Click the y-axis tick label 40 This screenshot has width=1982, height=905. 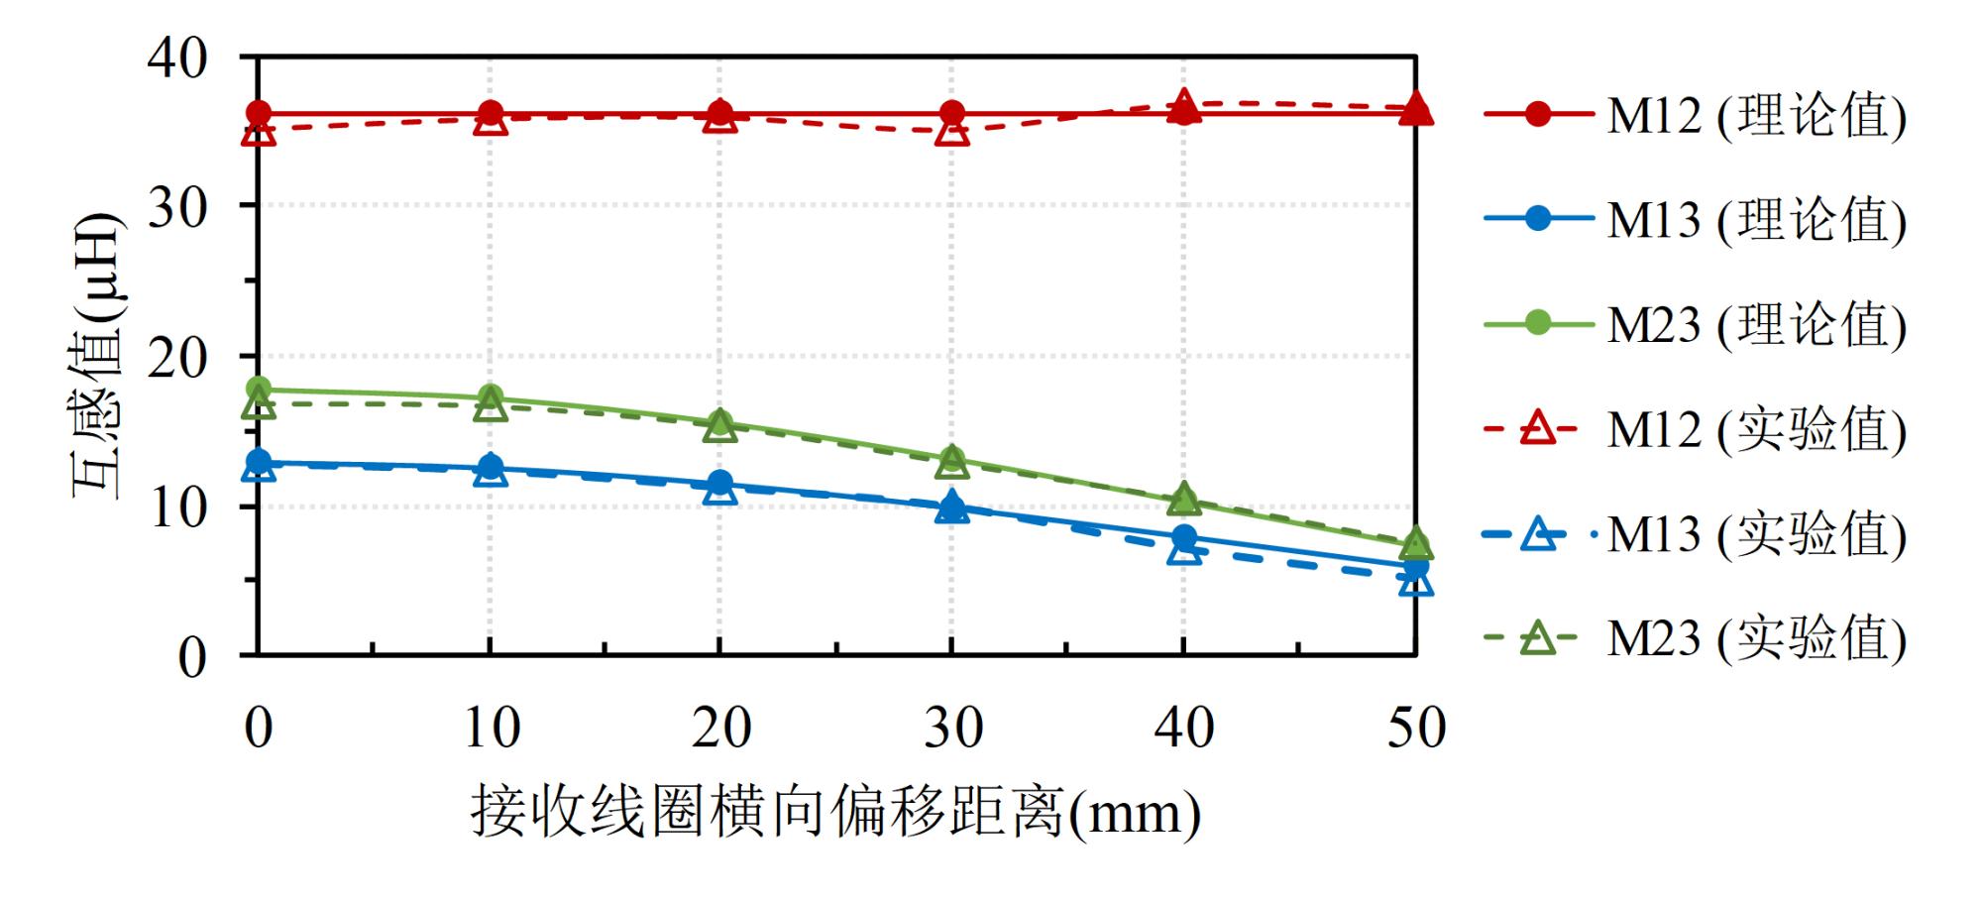(x=177, y=58)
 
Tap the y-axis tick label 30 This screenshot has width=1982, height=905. (x=177, y=207)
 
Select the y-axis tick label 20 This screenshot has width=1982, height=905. (x=177, y=358)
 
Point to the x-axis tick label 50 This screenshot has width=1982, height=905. (x=1416, y=728)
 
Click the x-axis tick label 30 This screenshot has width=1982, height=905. (x=953, y=728)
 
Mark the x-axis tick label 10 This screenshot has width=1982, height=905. (x=492, y=728)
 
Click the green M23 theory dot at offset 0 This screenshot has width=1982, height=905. (x=259, y=389)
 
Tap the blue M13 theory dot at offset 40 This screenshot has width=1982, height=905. (x=1184, y=538)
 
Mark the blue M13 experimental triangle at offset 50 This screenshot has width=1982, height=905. (x=1416, y=583)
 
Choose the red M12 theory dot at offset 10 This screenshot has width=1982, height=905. (x=491, y=113)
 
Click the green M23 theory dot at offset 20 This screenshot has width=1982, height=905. (x=721, y=422)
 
